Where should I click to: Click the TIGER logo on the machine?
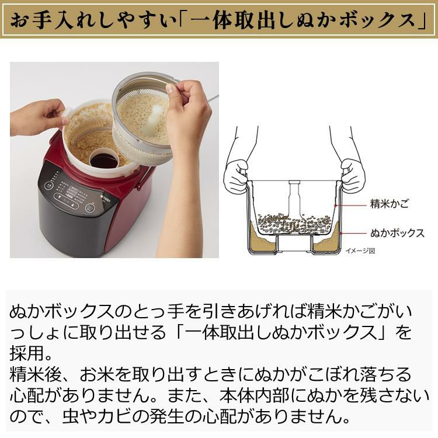click(x=110, y=198)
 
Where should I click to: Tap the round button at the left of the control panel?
click(x=49, y=186)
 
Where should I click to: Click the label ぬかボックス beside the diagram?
click(x=397, y=232)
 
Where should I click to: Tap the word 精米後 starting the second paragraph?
click(x=36, y=374)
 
